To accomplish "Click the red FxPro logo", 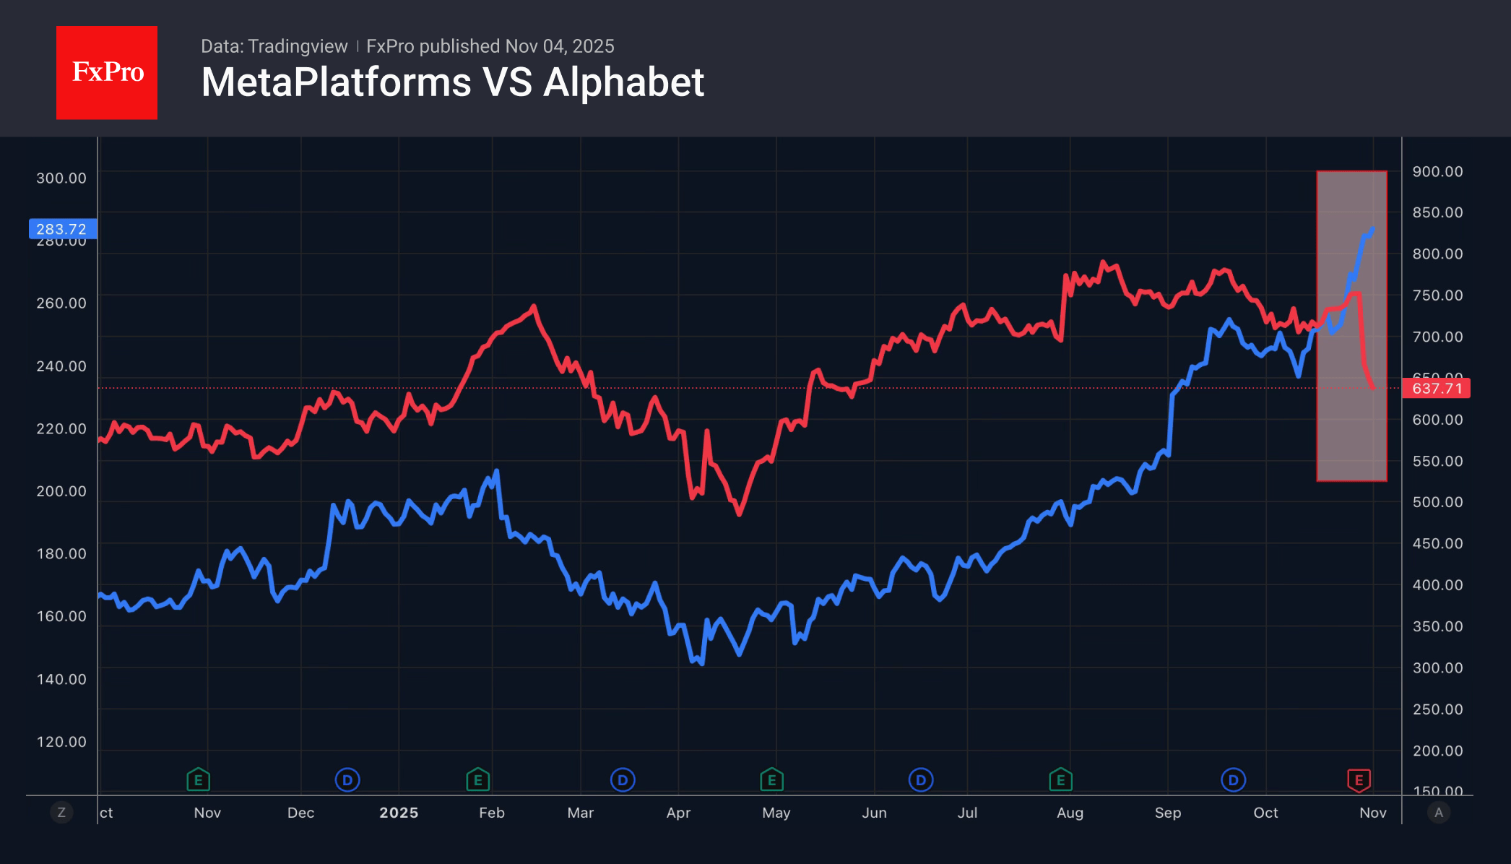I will [107, 72].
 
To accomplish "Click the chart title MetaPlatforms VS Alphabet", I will [452, 82].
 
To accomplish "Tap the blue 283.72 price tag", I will [62, 229].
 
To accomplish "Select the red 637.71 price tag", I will [1436, 389].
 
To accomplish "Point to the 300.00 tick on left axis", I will [61, 178].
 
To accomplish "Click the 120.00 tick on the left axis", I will [61, 742].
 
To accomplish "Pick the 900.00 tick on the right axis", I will [1437, 172].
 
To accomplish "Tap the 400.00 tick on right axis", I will [1437, 585].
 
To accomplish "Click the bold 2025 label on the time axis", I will [399, 813].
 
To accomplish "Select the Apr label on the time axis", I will [678, 813].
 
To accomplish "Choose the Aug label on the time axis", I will [1070, 813].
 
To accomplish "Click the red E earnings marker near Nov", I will [1359, 780].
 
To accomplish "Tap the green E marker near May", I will [771, 780].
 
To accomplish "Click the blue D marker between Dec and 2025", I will [347, 780].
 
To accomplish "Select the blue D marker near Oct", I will [1233, 780].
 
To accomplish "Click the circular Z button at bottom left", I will [61, 813].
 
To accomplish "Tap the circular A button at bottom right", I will [1439, 813].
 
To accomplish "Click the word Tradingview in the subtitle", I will [298, 47].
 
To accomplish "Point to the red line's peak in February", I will [534, 306].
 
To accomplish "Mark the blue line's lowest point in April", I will [701, 662].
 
